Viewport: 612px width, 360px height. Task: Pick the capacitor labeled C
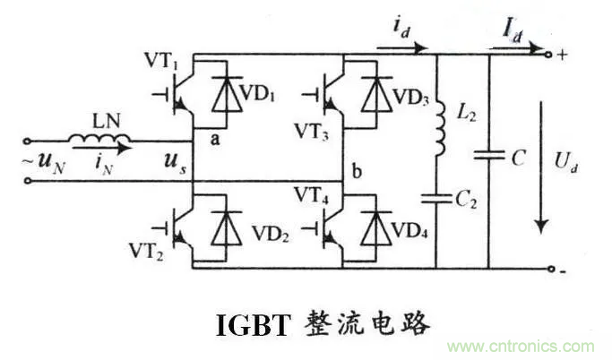click(x=489, y=156)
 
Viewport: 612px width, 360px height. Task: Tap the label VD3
click(x=411, y=97)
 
